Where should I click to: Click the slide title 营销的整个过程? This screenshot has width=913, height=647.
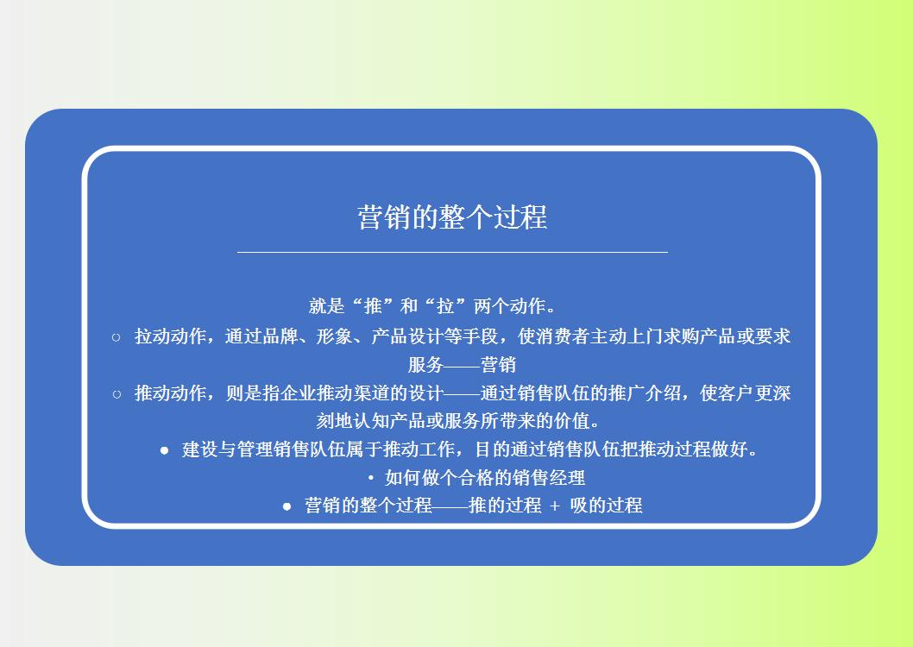coord(452,217)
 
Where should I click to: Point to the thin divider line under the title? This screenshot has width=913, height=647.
coord(452,252)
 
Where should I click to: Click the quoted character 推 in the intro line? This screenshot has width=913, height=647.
coord(373,306)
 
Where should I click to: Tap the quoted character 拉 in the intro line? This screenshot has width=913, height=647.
coord(445,306)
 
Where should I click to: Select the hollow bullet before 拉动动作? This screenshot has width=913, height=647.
coord(116,337)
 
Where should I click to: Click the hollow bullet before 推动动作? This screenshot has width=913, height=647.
coord(116,394)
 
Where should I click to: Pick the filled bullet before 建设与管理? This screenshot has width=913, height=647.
coord(165,450)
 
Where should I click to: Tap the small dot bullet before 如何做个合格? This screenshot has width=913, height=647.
coord(370,478)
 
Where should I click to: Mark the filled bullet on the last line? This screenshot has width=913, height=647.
coord(287,506)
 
